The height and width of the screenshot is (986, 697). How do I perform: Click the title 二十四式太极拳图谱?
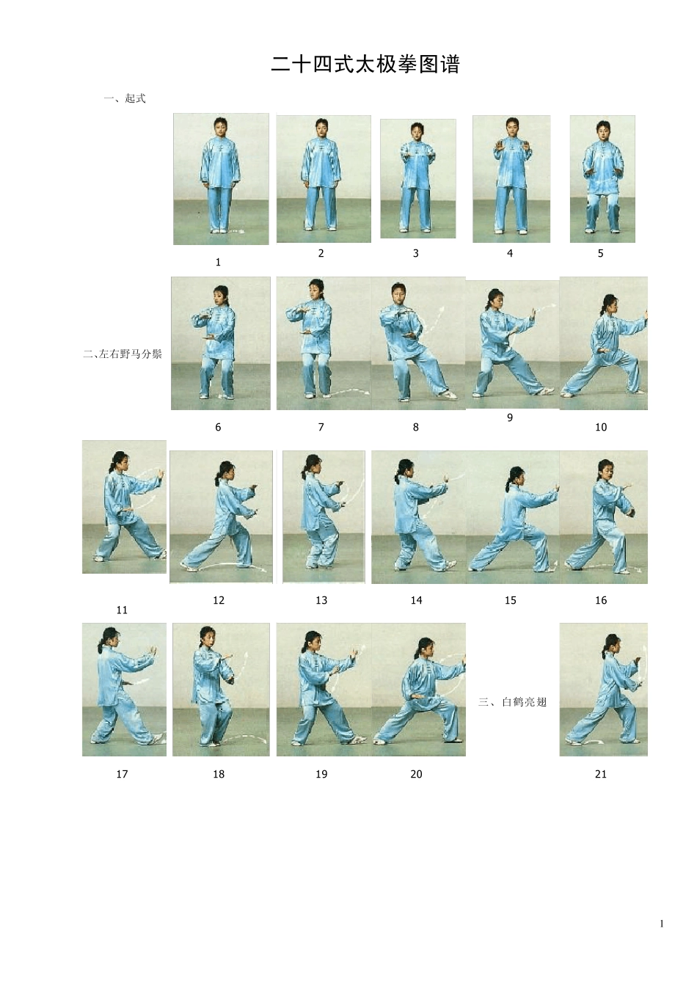[365, 65]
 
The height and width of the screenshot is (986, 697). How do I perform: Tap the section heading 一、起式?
[125, 98]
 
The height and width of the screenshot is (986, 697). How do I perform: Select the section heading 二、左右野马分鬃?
[123, 354]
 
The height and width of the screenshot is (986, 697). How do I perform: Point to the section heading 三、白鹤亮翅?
[513, 701]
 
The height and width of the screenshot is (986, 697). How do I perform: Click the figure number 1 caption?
[218, 263]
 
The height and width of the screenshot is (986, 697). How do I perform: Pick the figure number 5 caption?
[600, 254]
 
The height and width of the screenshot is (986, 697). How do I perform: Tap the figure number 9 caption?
[510, 417]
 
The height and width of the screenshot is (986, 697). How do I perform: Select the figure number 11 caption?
[122, 610]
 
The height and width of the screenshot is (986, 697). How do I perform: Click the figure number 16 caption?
[601, 600]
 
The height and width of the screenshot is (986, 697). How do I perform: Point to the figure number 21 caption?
[601, 774]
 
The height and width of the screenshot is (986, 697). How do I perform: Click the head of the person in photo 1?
[221, 125]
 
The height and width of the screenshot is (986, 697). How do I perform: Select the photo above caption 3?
[418, 179]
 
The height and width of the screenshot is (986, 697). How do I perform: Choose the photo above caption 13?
[324, 517]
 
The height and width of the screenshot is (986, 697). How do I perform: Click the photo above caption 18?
[221, 690]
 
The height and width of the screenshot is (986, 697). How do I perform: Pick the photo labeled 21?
[604, 690]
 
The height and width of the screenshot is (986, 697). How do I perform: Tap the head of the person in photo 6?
[221, 294]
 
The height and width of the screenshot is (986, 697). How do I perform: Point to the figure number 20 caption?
[416, 774]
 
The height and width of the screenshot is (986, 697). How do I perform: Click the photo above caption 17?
[124, 690]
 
